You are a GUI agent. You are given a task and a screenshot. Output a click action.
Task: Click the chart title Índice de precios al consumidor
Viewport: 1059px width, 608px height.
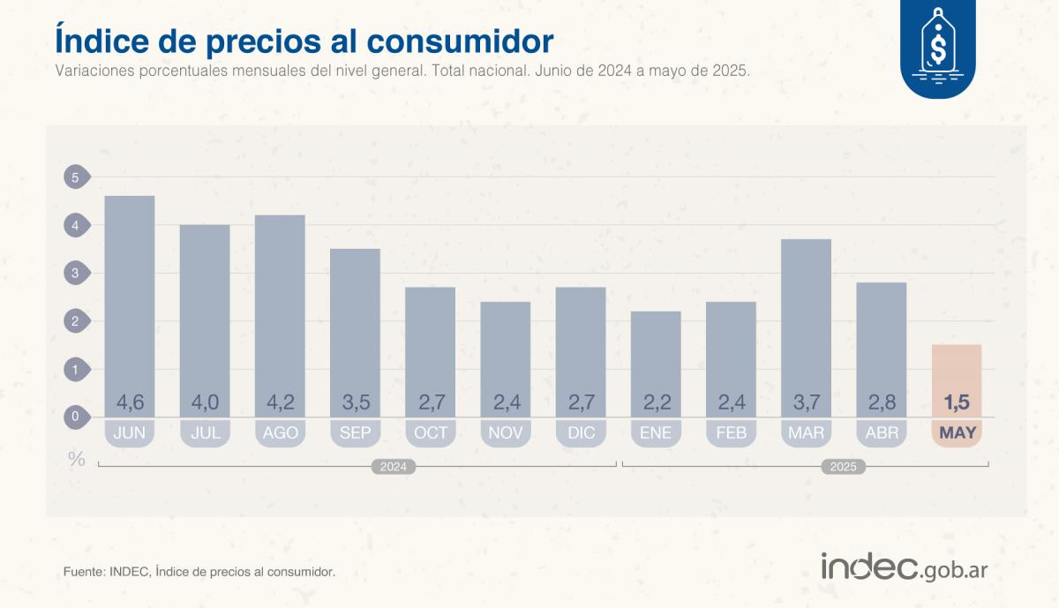tap(304, 41)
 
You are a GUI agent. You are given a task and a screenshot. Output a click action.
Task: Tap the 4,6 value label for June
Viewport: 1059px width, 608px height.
tap(130, 403)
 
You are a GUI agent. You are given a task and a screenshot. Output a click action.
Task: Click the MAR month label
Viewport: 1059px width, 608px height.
tap(806, 432)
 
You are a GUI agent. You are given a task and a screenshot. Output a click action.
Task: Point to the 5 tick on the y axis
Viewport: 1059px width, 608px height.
tap(75, 177)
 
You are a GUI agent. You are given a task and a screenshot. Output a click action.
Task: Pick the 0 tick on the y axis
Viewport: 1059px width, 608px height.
tap(75, 417)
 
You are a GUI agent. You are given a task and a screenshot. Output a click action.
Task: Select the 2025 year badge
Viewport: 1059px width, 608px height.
tap(842, 467)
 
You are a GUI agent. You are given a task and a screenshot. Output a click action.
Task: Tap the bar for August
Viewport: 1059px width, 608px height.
tap(280, 309)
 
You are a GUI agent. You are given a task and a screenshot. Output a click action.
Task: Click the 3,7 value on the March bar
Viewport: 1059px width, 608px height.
tap(806, 403)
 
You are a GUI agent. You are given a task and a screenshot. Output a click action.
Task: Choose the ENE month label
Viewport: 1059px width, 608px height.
tap(656, 432)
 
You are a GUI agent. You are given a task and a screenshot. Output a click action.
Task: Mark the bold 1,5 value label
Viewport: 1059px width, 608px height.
tap(956, 403)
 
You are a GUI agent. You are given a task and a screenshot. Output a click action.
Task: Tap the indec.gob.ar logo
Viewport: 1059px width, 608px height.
tap(904, 567)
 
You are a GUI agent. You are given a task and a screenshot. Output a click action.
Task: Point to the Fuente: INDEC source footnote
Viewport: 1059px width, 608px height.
tap(199, 572)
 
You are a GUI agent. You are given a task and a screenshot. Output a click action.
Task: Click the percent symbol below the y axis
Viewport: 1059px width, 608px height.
tap(77, 459)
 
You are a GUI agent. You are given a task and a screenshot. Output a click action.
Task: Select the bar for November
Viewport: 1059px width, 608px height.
tap(506, 353)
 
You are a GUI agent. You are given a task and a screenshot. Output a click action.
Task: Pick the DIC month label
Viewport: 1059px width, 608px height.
tap(581, 432)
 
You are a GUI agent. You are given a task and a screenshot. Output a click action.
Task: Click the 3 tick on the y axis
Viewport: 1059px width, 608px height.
tap(75, 274)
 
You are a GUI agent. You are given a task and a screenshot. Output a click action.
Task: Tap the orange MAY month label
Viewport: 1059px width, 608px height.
tap(956, 432)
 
